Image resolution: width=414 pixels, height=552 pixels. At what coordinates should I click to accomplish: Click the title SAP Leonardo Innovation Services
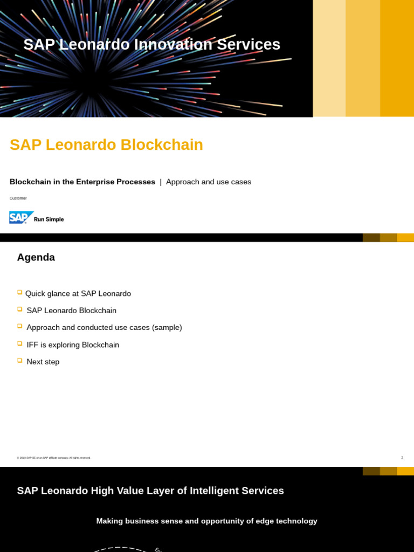point(151,44)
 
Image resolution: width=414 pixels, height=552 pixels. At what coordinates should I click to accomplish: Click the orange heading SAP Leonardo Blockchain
point(106,144)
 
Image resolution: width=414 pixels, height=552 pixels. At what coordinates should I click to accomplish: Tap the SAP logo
point(21,217)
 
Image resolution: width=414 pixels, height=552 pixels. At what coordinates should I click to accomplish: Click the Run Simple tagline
point(49,219)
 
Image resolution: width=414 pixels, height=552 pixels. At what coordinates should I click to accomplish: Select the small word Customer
point(18,198)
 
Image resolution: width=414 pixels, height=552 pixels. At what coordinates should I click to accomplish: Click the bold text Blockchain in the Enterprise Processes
point(82,182)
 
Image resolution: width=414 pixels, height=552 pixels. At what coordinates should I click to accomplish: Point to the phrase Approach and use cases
point(208,182)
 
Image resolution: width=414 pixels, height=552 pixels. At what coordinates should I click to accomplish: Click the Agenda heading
point(36,257)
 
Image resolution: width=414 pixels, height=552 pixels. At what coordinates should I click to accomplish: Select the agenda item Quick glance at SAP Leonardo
point(78,293)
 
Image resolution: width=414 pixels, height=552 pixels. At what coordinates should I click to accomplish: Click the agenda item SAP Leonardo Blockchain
point(71,310)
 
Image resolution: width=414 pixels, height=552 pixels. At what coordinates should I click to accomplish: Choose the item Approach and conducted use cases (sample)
point(104,327)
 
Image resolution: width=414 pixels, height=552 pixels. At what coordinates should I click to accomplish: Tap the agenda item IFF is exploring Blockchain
point(73,344)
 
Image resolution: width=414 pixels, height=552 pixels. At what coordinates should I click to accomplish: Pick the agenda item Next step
point(43,362)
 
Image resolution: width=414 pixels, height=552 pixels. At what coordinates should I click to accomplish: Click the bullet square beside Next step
point(19,360)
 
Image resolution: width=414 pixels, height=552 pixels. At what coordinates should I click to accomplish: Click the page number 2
point(402,458)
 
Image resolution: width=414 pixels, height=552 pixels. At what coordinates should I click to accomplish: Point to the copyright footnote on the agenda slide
point(53,458)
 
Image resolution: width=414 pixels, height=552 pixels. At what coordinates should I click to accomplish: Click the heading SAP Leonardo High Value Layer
point(150,491)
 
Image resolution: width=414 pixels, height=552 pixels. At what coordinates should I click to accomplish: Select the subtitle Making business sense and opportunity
point(206,521)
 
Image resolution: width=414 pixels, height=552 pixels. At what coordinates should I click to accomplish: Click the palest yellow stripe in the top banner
point(329,58)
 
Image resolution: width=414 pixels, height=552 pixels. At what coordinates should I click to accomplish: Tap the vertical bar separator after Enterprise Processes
point(160,182)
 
